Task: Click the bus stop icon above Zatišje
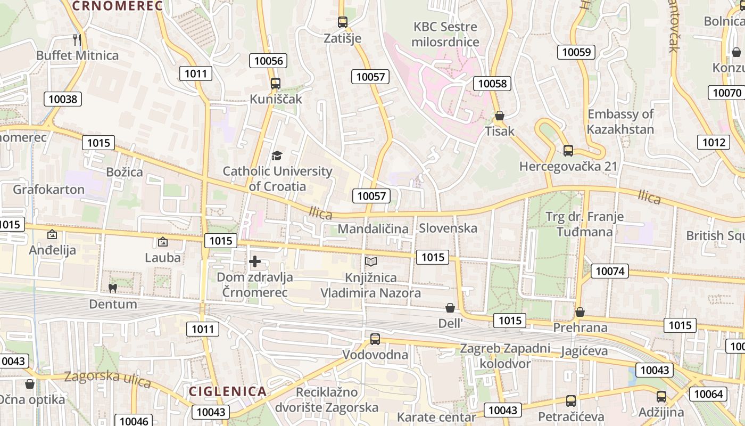pyautogui.click(x=343, y=22)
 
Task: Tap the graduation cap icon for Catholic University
pyautogui.click(x=277, y=155)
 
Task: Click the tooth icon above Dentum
pyautogui.click(x=112, y=288)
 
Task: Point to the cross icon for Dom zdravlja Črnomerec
pyautogui.click(x=255, y=261)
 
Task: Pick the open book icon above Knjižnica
pyautogui.click(x=371, y=261)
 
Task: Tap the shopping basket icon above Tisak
pyautogui.click(x=500, y=116)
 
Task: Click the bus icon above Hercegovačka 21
pyautogui.click(x=568, y=151)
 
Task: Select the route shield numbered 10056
pyautogui.click(x=269, y=61)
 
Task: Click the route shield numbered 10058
pyautogui.click(x=493, y=83)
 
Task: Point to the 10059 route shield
pyautogui.click(x=576, y=52)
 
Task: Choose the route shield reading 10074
pyautogui.click(x=610, y=271)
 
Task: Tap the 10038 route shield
pyautogui.click(x=63, y=99)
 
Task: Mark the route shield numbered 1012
pyautogui.click(x=713, y=142)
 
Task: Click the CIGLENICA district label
pyautogui.click(x=228, y=391)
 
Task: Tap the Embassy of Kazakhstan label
pyautogui.click(x=620, y=121)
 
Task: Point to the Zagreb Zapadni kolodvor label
pyautogui.click(x=505, y=356)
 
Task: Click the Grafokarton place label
pyautogui.click(x=49, y=190)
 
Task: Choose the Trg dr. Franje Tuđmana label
pyautogui.click(x=584, y=224)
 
